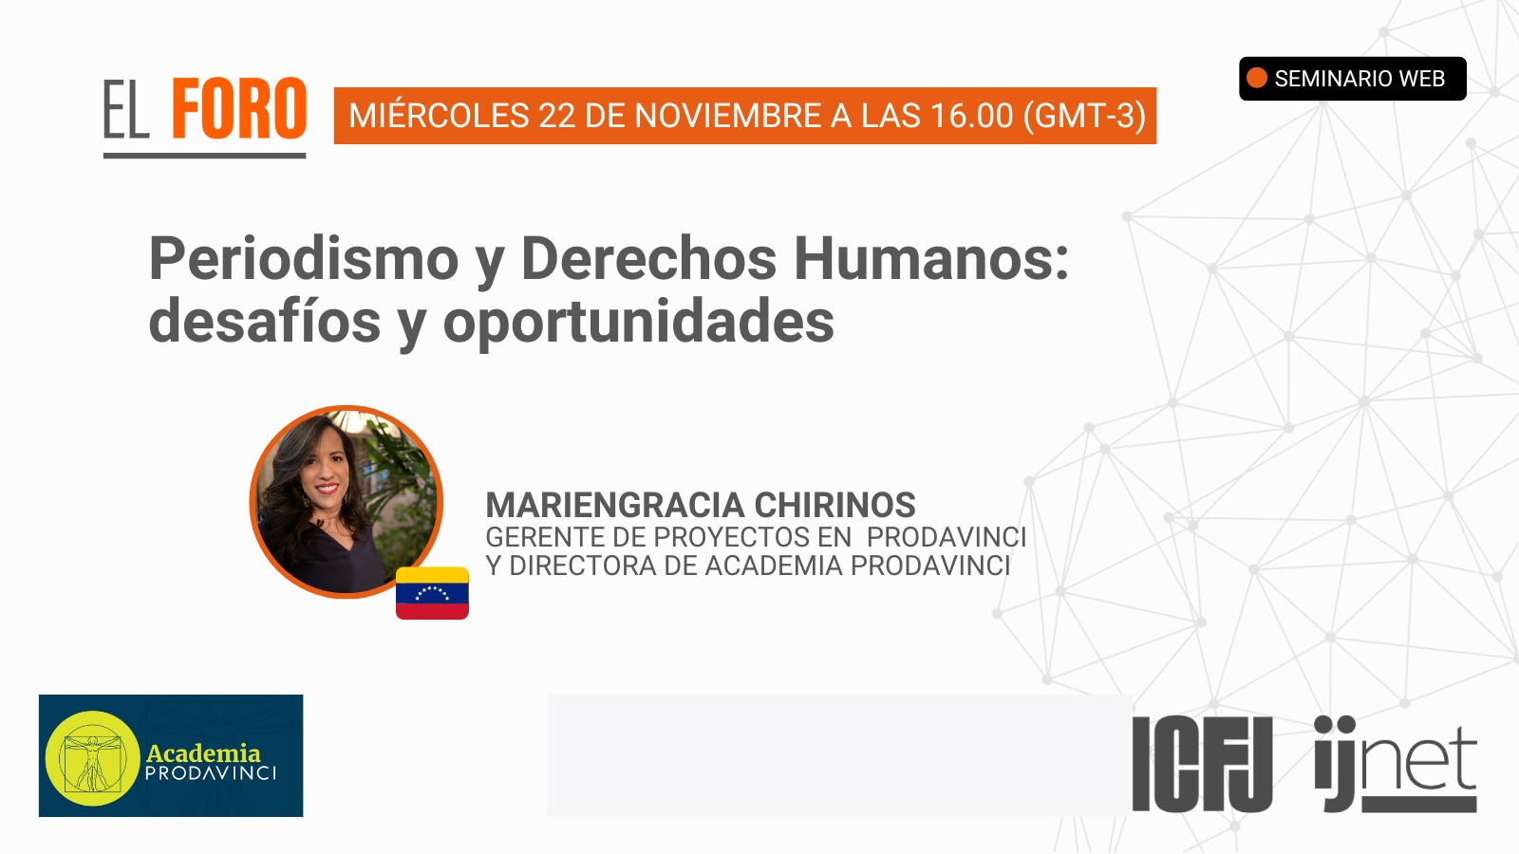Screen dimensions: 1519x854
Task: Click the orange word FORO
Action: pyautogui.click(x=238, y=108)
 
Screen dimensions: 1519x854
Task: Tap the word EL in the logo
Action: pyautogui.click(x=126, y=109)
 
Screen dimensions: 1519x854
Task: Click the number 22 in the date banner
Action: pyautogui.click(x=557, y=115)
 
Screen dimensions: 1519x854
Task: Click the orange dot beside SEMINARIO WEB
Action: pyautogui.click(x=1257, y=78)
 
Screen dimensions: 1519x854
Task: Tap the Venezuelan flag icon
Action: pyautogui.click(x=432, y=593)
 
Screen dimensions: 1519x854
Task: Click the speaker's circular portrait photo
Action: pyautogui.click(x=346, y=502)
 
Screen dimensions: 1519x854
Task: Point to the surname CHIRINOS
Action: pyautogui.click(x=835, y=505)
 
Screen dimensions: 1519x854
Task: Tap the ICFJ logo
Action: pyautogui.click(x=1202, y=764)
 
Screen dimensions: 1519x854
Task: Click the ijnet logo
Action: pyautogui.click(x=1396, y=764)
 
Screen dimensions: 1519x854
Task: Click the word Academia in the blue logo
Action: pyautogui.click(x=203, y=753)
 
